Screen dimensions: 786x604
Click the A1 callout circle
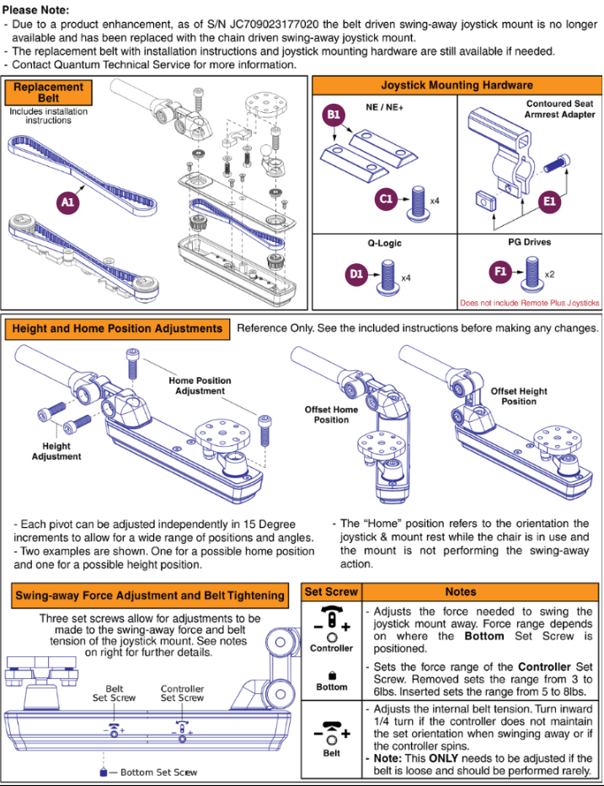67,202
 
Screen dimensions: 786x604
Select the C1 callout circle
386,198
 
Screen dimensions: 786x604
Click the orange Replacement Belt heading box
48,93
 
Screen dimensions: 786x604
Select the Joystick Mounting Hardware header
457,85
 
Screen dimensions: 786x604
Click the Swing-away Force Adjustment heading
150,595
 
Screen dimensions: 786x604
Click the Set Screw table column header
331,592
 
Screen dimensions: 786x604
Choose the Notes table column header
480,592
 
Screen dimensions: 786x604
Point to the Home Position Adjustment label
200,385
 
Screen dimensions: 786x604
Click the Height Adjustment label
56,451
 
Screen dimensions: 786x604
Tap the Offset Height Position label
519,396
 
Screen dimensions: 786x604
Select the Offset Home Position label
331,415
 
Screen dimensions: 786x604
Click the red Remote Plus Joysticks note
529,303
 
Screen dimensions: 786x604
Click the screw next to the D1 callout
388,275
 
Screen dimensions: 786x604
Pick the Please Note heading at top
35,10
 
